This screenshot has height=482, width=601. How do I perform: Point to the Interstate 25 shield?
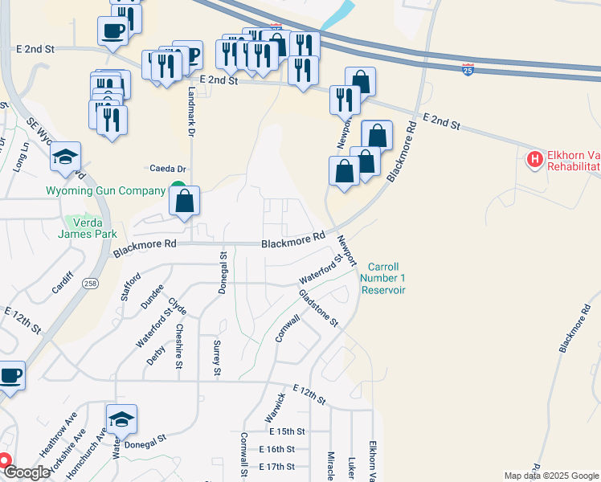point(468,70)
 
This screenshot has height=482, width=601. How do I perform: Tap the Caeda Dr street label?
point(168,169)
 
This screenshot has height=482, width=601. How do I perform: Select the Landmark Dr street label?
point(191,104)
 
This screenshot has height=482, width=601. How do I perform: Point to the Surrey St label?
point(216,357)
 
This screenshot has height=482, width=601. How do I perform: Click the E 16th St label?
point(277,450)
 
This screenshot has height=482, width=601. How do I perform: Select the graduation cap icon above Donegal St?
point(121,419)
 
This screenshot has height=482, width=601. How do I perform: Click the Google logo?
point(27,473)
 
